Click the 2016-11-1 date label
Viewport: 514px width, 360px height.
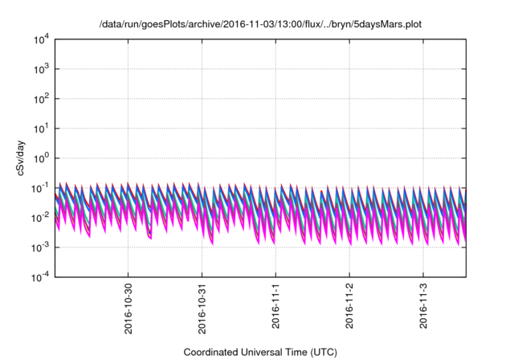point(276,303)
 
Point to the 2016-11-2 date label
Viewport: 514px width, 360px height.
point(350,303)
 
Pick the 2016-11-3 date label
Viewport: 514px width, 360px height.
point(424,303)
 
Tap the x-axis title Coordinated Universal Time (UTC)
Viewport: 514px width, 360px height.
point(259,352)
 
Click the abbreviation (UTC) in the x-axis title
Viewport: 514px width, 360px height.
point(320,352)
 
